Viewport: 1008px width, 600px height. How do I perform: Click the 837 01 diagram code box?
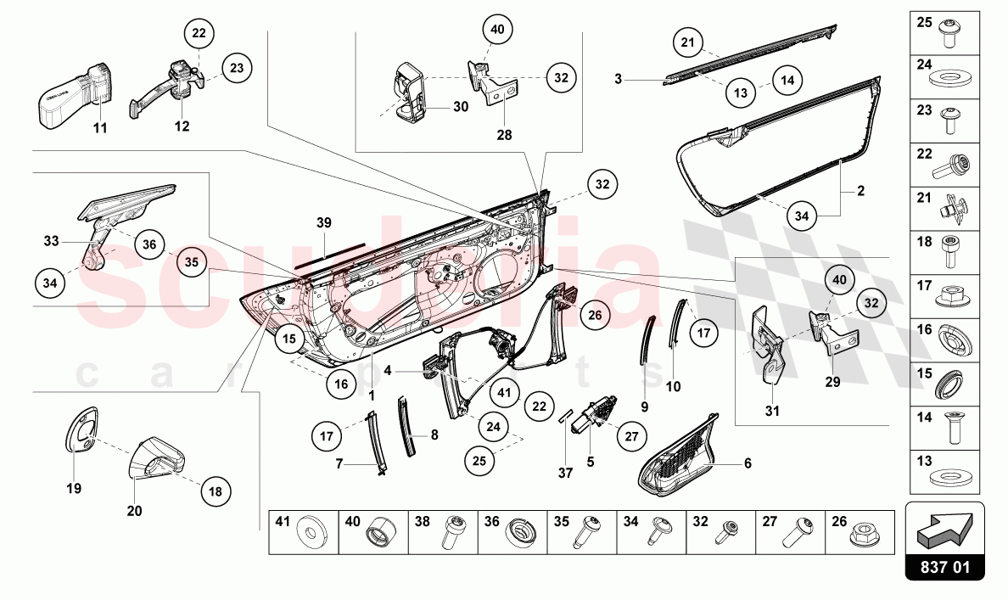[944, 566]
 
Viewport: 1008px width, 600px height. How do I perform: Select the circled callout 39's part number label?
[323, 222]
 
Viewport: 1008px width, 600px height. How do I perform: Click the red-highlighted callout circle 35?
[192, 262]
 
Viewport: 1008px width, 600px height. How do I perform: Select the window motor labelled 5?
[594, 416]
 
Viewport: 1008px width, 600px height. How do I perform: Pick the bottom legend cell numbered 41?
[303, 532]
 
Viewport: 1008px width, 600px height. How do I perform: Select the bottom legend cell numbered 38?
[442, 532]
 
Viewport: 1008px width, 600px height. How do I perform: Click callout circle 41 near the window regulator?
[505, 392]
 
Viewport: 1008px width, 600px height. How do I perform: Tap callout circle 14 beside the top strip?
[788, 81]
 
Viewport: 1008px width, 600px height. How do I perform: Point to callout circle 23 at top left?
[237, 67]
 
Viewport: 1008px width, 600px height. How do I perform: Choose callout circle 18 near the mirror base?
[216, 491]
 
